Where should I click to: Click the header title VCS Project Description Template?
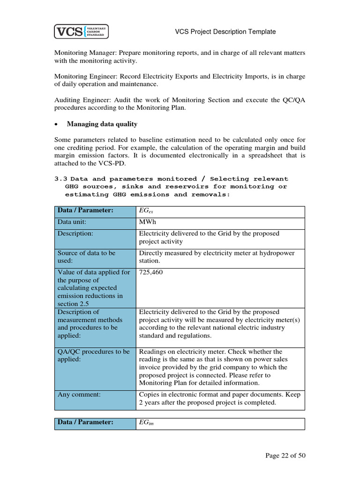(x=225, y=32)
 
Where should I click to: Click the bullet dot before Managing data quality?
(x=57, y=125)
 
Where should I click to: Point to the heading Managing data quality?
(x=102, y=124)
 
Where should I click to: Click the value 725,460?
(x=151, y=272)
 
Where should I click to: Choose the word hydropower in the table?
(x=276, y=253)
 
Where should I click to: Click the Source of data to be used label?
(x=86, y=257)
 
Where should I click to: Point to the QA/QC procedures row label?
(x=93, y=355)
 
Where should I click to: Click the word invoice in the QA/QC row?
(x=150, y=367)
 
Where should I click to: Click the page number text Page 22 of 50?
(x=285, y=456)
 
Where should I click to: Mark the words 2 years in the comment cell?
(x=150, y=403)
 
